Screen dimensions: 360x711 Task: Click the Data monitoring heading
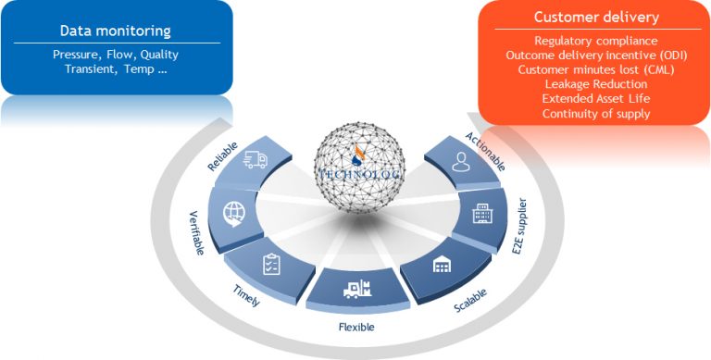[x=115, y=31]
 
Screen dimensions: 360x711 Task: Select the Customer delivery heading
[x=596, y=18]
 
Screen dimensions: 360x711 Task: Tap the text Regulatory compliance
[x=596, y=41]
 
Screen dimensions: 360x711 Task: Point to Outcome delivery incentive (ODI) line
[x=596, y=55]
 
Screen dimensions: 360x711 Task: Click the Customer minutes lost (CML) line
[x=596, y=69]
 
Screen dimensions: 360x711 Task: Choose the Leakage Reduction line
[x=596, y=84]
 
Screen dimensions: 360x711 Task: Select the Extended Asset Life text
[x=596, y=99]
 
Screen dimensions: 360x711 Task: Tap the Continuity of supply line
[x=596, y=114]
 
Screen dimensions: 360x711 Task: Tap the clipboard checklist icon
[x=271, y=264]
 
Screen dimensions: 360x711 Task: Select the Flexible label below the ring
[x=355, y=327]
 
